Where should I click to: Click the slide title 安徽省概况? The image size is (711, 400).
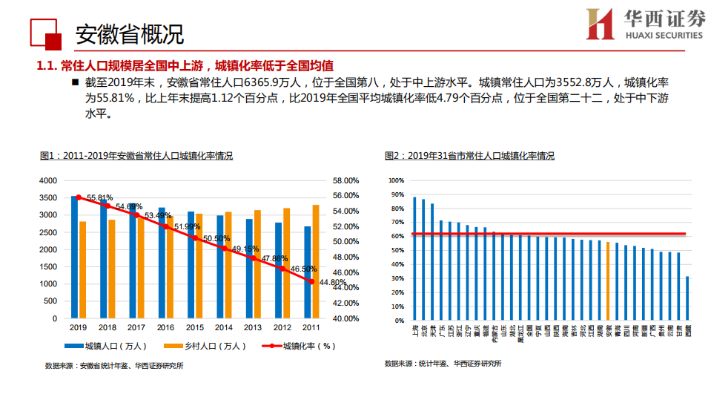click(x=129, y=33)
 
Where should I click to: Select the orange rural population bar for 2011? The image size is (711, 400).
click(x=315, y=261)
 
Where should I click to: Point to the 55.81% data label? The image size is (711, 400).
click(x=100, y=198)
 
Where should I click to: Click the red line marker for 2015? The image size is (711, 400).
click(x=194, y=238)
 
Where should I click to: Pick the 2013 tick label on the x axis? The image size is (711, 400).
click(x=253, y=327)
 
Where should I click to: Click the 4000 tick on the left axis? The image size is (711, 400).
click(x=47, y=180)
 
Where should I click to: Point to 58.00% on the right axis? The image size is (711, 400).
click(x=345, y=180)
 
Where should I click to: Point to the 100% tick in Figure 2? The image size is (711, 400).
click(x=396, y=180)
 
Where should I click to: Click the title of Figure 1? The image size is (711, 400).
click(x=136, y=156)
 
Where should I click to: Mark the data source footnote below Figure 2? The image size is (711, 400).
click(x=443, y=364)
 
